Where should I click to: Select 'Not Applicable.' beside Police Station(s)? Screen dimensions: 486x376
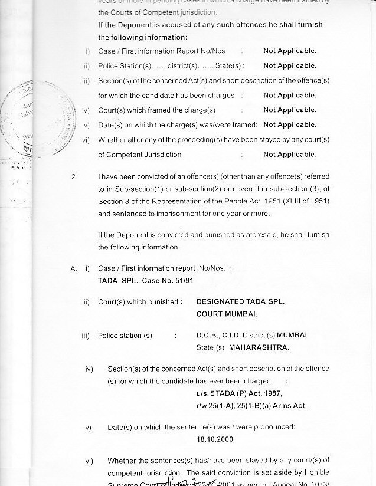click(x=289, y=66)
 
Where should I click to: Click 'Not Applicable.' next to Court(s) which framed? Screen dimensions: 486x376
click(x=289, y=110)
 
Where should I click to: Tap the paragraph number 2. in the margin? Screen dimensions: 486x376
click(x=74, y=176)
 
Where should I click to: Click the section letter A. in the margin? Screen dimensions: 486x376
click(x=74, y=268)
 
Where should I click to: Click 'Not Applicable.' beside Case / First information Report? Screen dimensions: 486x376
click(x=289, y=51)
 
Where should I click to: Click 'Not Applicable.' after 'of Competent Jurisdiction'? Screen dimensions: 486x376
click(x=289, y=155)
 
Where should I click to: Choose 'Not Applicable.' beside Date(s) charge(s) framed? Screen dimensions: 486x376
click(x=289, y=124)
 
